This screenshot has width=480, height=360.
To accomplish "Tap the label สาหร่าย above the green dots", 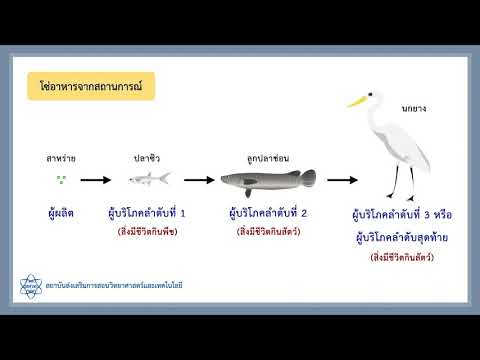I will [61, 158].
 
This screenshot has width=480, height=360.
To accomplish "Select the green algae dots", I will [61, 180].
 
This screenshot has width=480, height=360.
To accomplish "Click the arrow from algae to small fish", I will [96, 181].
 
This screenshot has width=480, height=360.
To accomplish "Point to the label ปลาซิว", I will [147, 158].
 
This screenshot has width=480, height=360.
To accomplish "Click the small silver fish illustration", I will [148, 179].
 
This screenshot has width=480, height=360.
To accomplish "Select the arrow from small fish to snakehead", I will [200, 181].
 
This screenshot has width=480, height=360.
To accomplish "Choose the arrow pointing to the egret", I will [342, 181].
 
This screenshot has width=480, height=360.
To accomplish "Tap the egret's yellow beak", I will [358, 100].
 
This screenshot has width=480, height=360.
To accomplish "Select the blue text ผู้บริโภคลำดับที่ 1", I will [147, 213].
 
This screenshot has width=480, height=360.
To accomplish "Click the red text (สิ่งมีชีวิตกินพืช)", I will [147, 233].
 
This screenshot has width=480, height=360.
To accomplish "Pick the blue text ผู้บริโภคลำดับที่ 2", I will [267, 213].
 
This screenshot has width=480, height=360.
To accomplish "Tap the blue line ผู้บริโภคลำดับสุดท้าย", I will [398, 237].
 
